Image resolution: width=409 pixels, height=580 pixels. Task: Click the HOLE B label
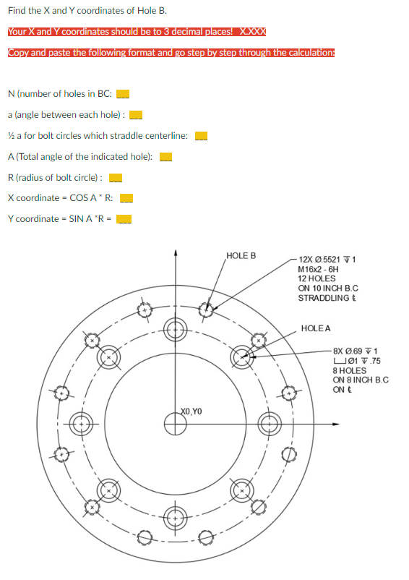(x=241, y=256)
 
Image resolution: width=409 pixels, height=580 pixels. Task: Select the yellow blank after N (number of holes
(x=123, y=93)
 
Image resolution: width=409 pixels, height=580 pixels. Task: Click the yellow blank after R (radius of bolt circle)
(x=113, y=178)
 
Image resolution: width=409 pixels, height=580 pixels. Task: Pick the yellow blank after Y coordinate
(x=124, y=220)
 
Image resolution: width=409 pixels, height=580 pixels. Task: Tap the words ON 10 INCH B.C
(x=328, y=288)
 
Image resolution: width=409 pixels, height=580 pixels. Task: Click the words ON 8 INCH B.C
(x=361, y=380)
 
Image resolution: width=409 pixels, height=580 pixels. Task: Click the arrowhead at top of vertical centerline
(x=174, y=253)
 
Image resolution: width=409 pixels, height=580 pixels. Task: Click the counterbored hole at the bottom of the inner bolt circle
(x=174, y=518)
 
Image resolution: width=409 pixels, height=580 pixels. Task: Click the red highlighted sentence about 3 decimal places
(x=137, y=32)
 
